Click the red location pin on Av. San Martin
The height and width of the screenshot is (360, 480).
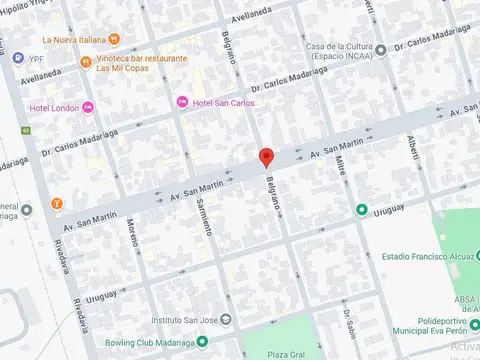(266, 157)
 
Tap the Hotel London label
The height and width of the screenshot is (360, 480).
(54, 108)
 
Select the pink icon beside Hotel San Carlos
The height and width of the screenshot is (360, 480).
(181, 102)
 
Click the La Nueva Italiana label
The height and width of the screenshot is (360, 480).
(74, 40)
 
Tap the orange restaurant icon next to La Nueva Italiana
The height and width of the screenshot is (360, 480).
(114, 40)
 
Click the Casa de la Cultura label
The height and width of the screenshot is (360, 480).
(346, 52)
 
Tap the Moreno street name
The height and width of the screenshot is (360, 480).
(133, 235)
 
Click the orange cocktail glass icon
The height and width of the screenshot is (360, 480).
(57, 204)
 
